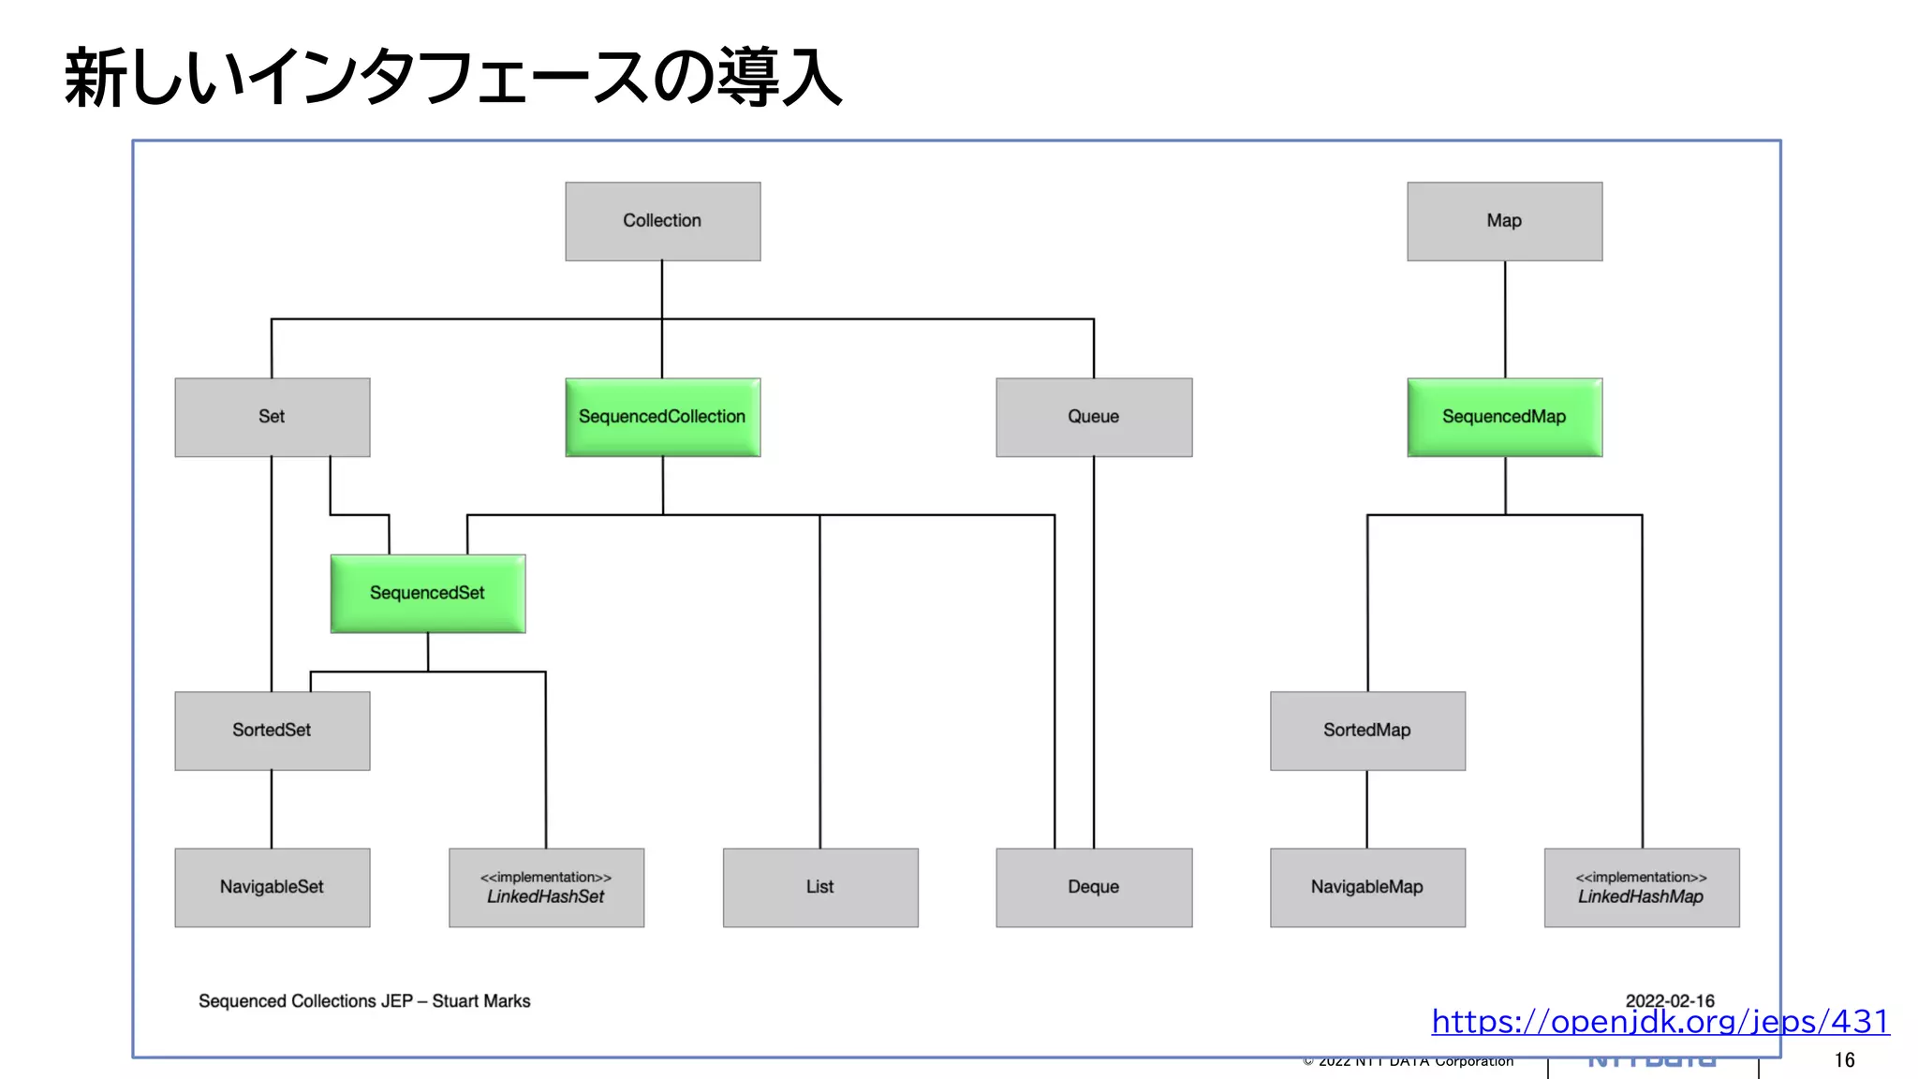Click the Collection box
coord(662,221)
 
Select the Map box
coord(1504,221)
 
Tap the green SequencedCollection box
coord(662,417)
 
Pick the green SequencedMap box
coord(1504,417)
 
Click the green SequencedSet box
coord(427,593)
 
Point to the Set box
coord(272,417)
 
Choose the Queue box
coord(1093,417)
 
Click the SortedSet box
coord(272,731)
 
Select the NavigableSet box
coord(272,887)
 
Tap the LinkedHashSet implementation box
coord(546,887)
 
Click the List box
coord(819,887)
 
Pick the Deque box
coord(1093,887)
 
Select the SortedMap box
coord(1366,731)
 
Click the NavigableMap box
coord(1366,887)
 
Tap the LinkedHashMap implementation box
coord(1641,887)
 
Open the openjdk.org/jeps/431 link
coord(1660,1021)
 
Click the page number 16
coord(1844,1060)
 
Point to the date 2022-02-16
coord(1669,1000)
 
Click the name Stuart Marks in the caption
coord(481,1001)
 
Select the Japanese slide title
coord(453,78)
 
